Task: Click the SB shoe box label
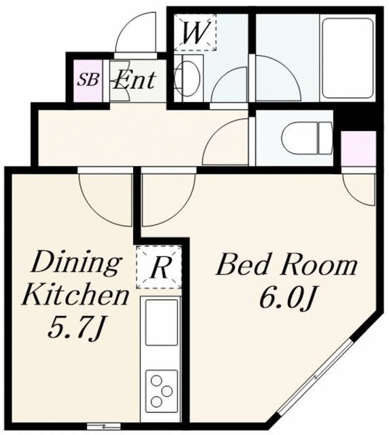point(88,80)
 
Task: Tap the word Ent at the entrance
point(134,80)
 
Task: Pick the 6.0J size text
point(288,298)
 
